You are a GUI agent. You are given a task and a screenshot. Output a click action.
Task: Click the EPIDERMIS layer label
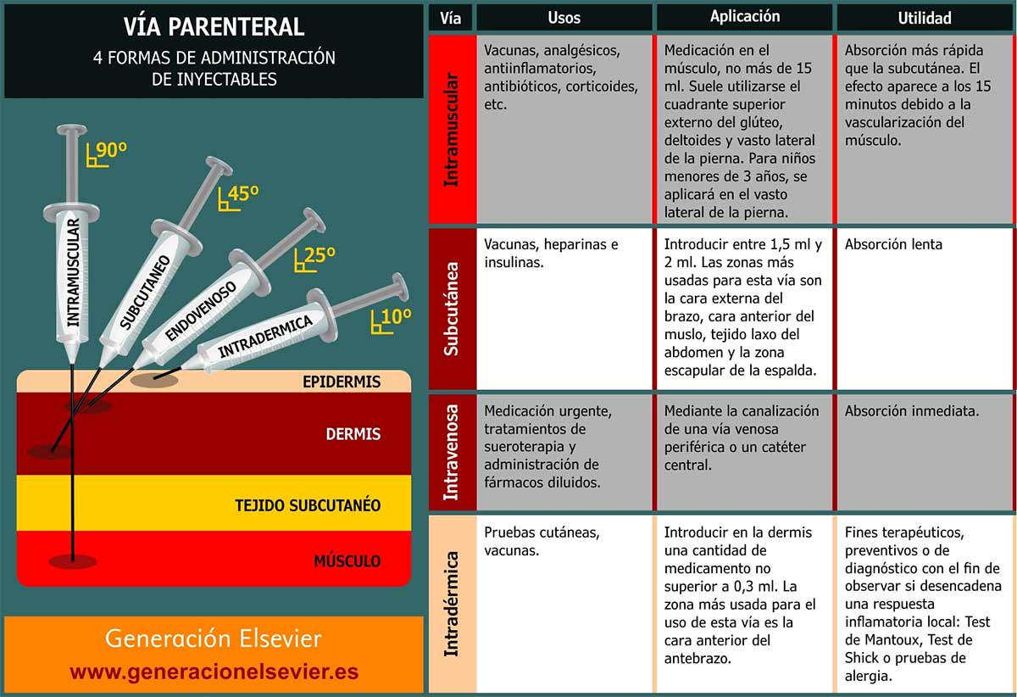[x=342, y=382]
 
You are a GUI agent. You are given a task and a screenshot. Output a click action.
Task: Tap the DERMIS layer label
[x=353, y=434]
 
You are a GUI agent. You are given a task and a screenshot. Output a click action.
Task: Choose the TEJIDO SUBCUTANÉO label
[x=308, y=506]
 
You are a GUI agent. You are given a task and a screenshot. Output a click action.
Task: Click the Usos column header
[x=564, y=17]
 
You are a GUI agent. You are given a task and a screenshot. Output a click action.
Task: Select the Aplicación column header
[x=745, y=17]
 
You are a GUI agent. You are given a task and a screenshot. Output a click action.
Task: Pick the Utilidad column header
[x=925, y=17]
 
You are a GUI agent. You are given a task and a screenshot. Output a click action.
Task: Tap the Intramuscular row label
[x=452, y=129]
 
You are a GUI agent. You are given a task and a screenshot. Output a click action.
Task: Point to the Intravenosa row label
[x=452, y=452]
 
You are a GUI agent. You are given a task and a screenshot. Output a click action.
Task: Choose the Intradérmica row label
[x=452, y=603]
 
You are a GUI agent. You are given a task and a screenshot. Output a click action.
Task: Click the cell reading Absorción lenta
[x=893, y=244]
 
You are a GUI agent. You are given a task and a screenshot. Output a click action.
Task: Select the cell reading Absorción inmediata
[x=912, y=411]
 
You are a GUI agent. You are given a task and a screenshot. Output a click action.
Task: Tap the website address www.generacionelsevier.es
[x=214, y=672]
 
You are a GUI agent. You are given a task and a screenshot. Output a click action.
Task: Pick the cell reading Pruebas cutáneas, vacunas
[x=542, y=541]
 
